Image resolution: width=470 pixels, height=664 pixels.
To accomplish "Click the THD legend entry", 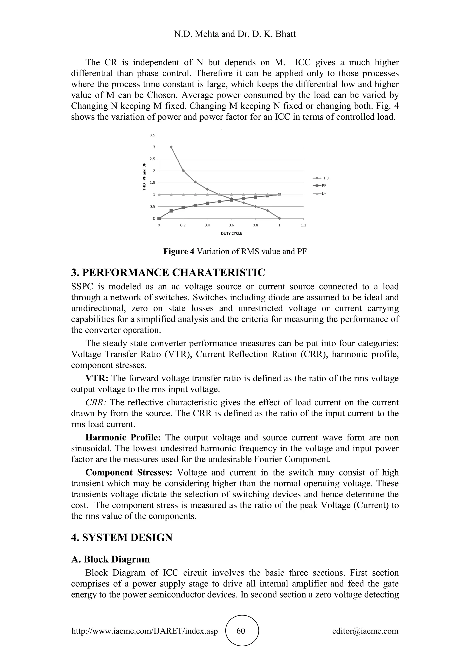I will pos(321,178).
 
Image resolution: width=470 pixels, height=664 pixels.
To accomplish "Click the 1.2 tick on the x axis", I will pos(303,225).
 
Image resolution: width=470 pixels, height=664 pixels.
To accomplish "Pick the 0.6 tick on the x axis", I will pos(231,225).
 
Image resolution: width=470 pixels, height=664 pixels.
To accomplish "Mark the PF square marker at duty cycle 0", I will pos(159,218).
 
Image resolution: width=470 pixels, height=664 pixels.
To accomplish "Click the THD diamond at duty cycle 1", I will pos(280,218).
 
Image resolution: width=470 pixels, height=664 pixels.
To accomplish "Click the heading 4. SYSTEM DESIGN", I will pos(122,537).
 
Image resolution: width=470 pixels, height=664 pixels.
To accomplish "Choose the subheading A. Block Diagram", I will pos(110,559).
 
